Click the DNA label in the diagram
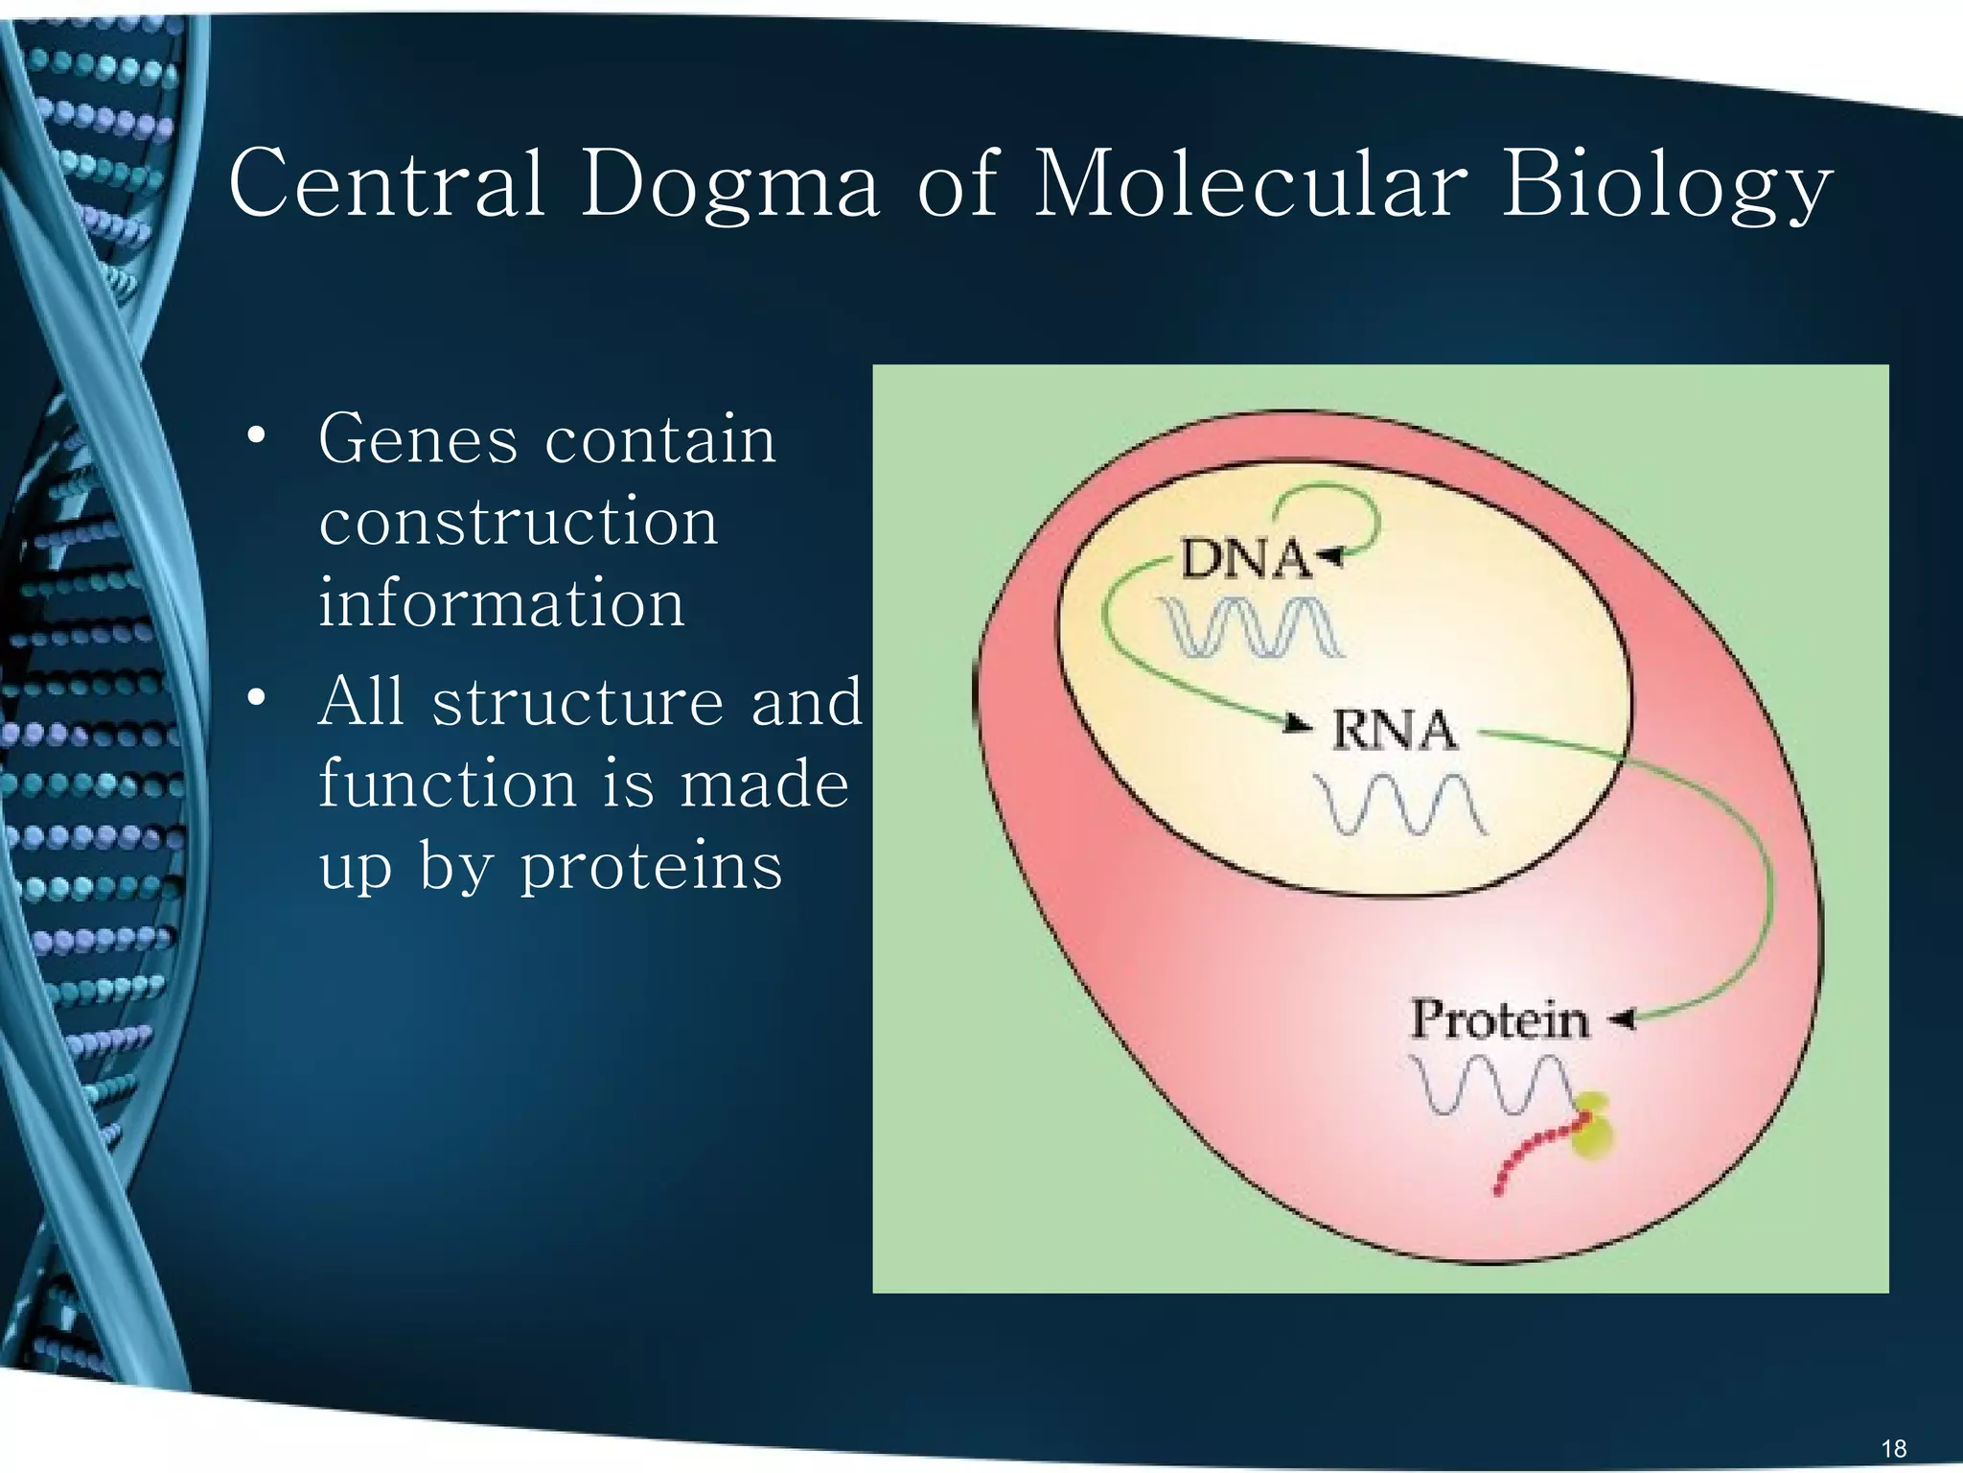[1244, 559]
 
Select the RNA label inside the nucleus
[1394, 731]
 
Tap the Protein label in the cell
[1499, 1019]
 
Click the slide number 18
[1894, 1448]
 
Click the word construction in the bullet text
[519, 522]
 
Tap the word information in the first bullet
[501, 603]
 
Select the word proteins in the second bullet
[651, 866]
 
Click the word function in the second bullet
[448, 783]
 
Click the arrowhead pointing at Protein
[1622, 1019]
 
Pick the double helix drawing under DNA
[1250, 627]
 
